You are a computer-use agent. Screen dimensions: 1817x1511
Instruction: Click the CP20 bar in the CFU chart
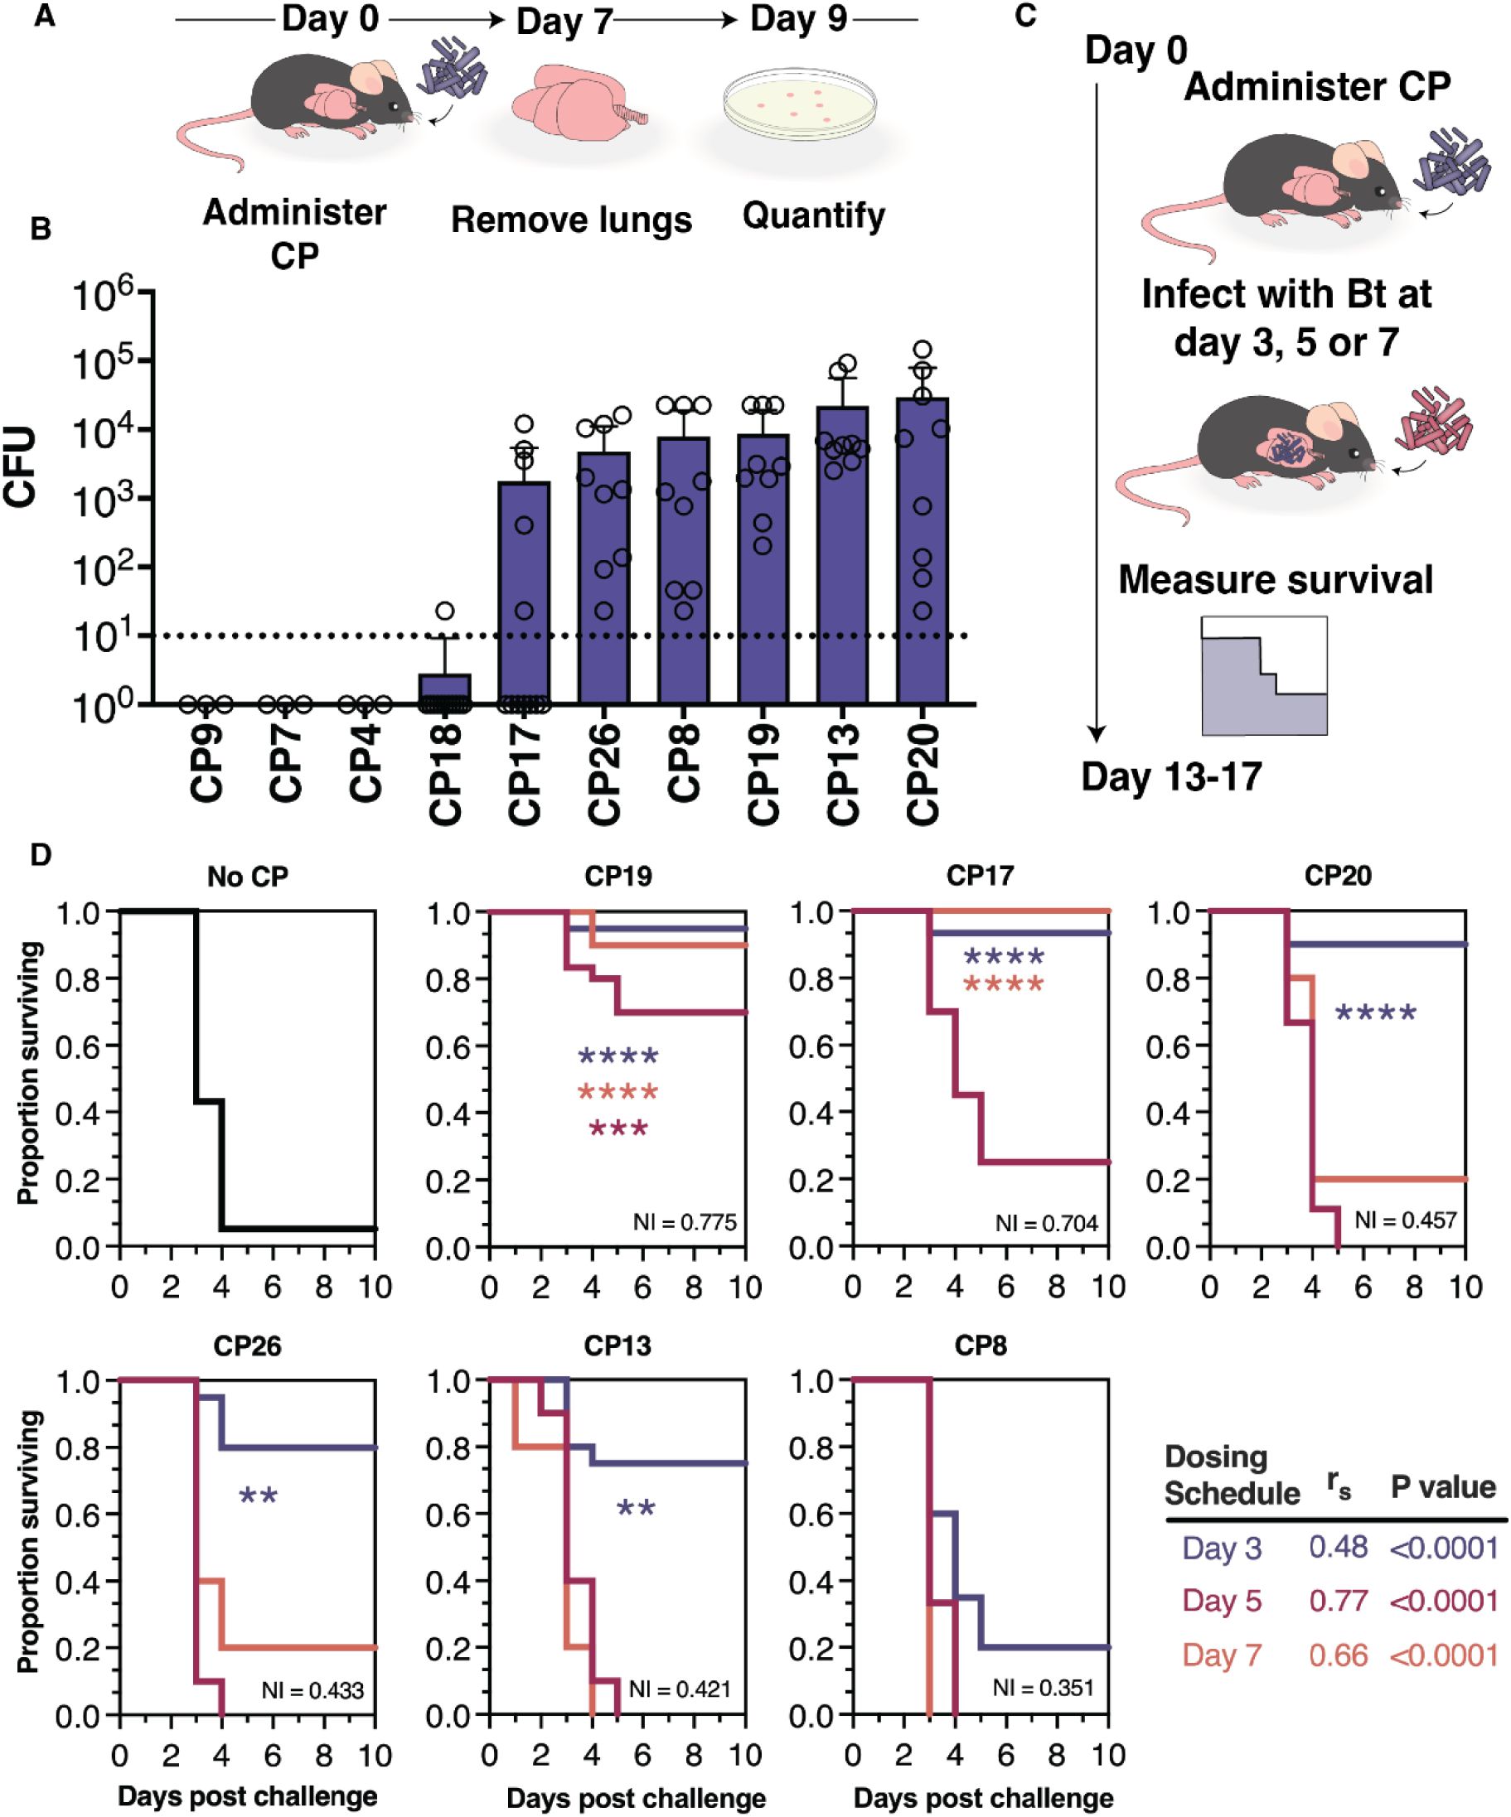pyautogui.click(x=923, y=553)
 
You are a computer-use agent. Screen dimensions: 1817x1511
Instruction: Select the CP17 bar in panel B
pyautogui.click(x=525, y=597)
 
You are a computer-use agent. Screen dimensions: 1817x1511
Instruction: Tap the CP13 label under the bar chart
pyautogui.click(x=843, y=774)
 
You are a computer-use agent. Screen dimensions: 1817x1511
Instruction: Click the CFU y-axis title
pyautogui.click(x=21, y=466)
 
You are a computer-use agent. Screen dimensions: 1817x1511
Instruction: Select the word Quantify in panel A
pyautogui.click(x=813, y=215)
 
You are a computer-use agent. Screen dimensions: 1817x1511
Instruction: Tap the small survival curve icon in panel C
pyautogui.click(x=1263, y=676)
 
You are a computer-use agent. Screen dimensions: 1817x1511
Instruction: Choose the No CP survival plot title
pyautogui.click(x=248, y=877)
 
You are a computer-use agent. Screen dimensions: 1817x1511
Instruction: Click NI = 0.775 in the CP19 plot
pyautogui.click(x=685, y=1223)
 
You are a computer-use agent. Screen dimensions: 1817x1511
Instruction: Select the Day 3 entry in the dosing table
pyautogui.click(x=1222, y=1548)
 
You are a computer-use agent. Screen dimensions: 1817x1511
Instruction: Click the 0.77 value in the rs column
pyautogui.click(x=1338, y=1601)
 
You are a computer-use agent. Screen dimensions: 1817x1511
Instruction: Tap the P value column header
pyautogui.click(x=1443, y=1487)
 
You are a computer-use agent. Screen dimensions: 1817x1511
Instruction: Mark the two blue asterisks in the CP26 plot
pyautogui.click(x=258, y=1497)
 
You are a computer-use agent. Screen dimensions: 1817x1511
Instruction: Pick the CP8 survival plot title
pyautogui.click(x=981, y=1346)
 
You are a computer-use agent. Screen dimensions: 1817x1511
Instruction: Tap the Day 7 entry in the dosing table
pyautogui.click(x=1222, y=1655)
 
